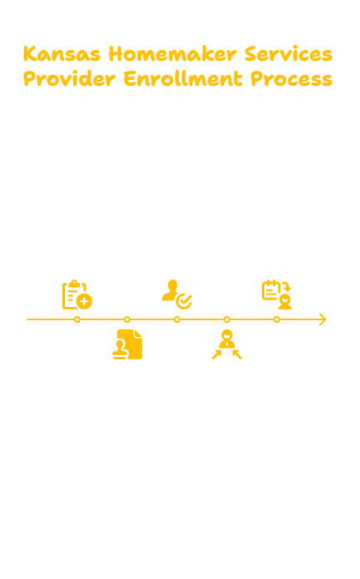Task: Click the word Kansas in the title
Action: pos(62,54)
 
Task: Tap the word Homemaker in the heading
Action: pos(172,54)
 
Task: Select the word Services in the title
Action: pos(288,54)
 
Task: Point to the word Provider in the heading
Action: pos(69,79)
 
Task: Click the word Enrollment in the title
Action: pos(183,79)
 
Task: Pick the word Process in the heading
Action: pos(292,79)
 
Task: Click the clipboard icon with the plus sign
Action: pos(77,294)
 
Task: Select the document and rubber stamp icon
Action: pos(127,344)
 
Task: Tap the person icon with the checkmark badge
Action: pos(177,294)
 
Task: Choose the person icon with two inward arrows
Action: pos(227,344)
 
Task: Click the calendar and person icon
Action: pos(277,294)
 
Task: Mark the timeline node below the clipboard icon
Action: pos(77,319)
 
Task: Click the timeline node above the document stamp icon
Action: pos(127,319)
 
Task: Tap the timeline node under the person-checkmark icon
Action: pos(177,319)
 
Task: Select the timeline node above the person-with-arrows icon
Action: pos(227,319)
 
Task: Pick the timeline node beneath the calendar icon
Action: pos(277,319)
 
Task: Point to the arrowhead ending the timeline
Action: pos(325,319)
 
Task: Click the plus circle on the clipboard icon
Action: pos(85,302)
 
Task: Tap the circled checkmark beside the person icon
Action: pos(185,301)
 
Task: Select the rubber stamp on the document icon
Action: pos(120,350)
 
